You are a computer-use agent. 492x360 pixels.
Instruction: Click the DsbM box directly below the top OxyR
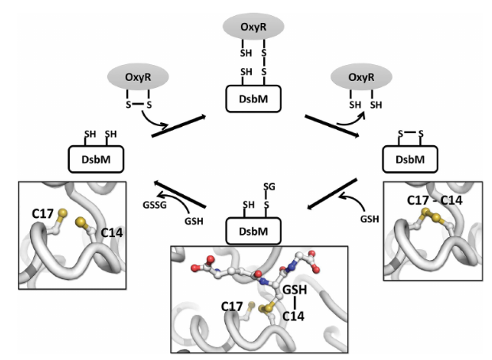[246, 99]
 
